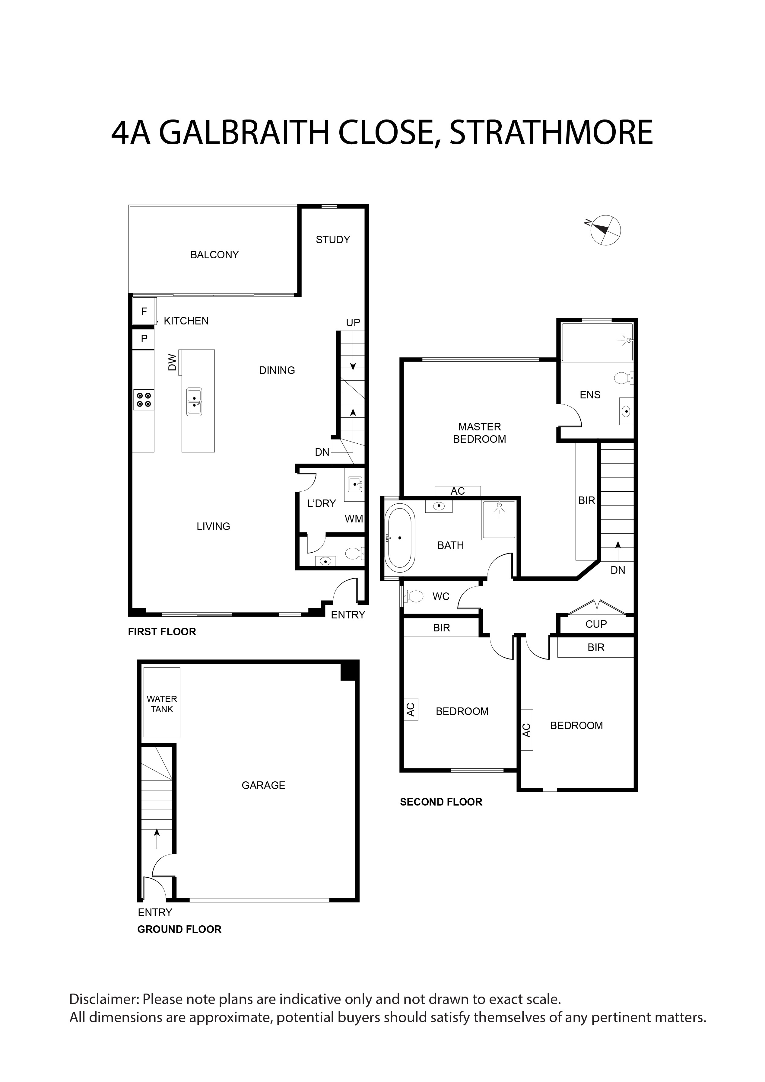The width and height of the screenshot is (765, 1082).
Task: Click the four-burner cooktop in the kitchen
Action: [144, 400]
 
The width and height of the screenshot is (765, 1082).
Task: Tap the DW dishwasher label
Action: [173, 362]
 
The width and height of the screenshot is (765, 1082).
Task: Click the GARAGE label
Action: [263, 785]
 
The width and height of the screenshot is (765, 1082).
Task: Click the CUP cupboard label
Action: [596, 624]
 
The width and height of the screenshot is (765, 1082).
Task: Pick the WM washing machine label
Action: [354, 519]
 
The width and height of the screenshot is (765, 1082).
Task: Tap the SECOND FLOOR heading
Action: [441, 802]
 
